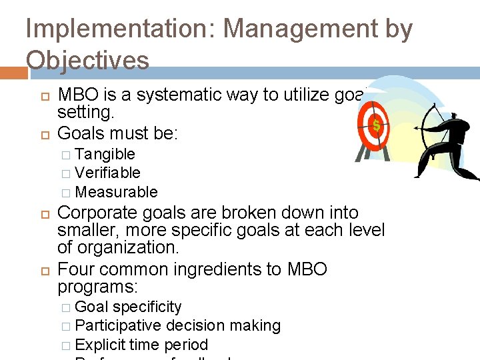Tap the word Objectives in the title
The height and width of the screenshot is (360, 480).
pyautogui.click(x=88, y=60)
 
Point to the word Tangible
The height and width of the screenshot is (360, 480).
pyautogui.click(x=105, y=154)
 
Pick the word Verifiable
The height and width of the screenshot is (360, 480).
pyautogui.click(x=108, y=173)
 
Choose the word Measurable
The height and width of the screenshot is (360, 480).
pyautogui.click(x=117, y=192)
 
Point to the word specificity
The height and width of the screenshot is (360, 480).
pyautogui.click(x=147, y=307)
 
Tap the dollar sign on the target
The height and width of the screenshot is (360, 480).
pyautogui.click(x=376, y=125)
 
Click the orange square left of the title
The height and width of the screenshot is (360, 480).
pyautogui.click(x=13, y=71)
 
